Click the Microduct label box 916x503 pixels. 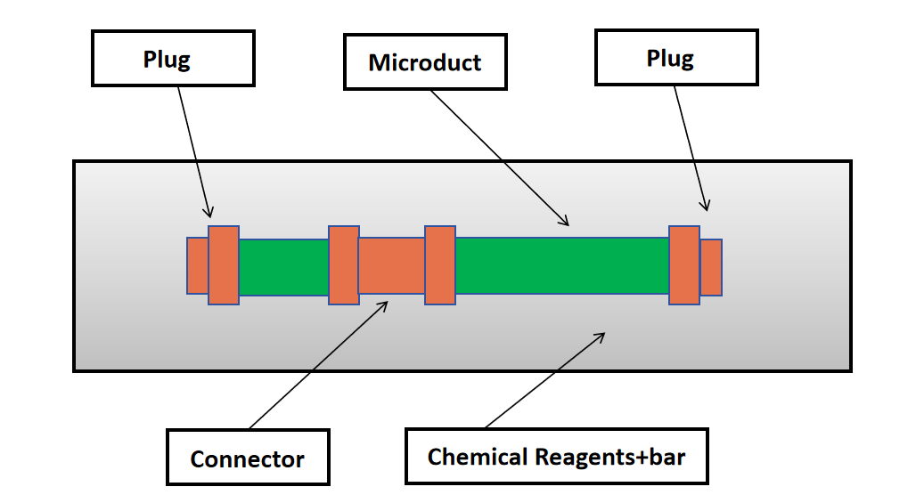tap(425, 63)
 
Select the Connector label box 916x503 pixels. tap(248, 458)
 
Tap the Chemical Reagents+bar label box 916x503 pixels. tap(556, 457)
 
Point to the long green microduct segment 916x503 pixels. tap(561, 265)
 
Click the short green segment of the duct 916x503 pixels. tap(283, 266)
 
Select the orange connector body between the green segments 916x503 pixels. tap(391, 265)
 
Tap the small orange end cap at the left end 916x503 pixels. tap(197, 265)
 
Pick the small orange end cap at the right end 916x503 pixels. tap(711, 267)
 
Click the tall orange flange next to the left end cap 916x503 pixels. tap(224, 265)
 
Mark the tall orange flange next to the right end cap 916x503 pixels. tap(683, 265)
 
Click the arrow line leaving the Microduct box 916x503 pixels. tap(499, 157)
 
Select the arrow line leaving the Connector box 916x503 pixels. tap(317, 366)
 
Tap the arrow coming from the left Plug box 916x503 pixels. tap(195, 151)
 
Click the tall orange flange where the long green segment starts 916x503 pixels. tap(440, 265)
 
